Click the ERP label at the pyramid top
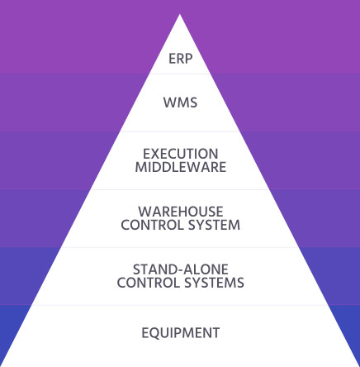tap(180, 59)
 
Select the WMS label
tap(180, 102)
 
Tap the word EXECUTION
tap(180, 154)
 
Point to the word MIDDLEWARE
tap(181, 167)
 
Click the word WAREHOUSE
tap(181, 212)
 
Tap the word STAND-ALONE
tap(181, 269)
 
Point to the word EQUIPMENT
tap(181, 333)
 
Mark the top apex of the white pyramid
tap(180, 14)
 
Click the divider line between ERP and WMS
tap(180, 74)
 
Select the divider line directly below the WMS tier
tap(180, 131)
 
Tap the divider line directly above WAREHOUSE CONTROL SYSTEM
tap(180, 189)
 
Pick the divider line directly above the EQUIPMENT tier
tap(180, 305)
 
